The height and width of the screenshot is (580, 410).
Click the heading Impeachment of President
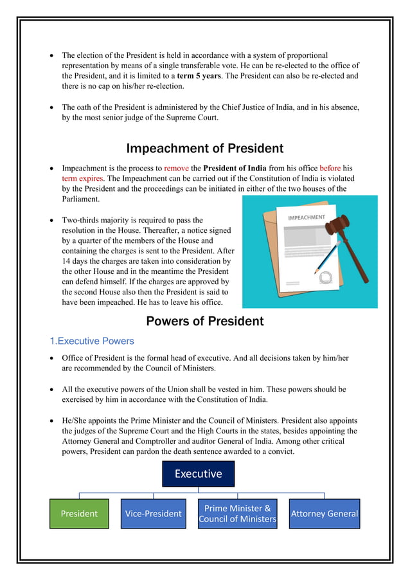point(204,149)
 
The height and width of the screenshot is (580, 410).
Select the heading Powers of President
point(204,321)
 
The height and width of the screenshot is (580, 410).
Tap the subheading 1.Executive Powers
point(92,341)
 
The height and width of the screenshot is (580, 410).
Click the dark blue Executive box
point(198,474)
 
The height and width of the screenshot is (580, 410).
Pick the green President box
point(79,514)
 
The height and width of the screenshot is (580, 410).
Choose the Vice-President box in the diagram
point(153,514)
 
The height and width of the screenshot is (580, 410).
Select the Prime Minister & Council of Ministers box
point(237,514)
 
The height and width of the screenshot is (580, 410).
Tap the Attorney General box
point(324,514)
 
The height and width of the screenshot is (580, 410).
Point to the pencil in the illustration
point(327,257)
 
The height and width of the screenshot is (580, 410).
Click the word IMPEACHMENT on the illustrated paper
point(307,218)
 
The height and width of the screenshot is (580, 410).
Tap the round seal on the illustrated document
point(326,278)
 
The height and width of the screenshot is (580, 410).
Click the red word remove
point(176,168)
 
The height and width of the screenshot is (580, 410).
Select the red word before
point(330,168)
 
